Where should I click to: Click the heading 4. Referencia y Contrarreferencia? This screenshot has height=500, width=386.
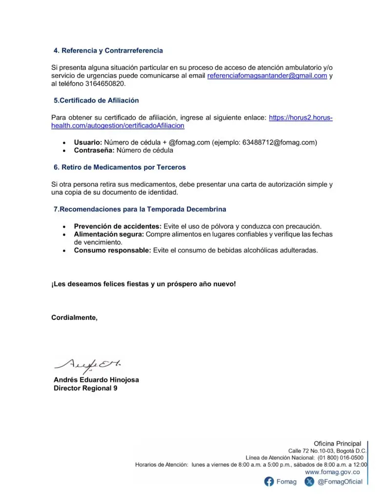pos(108,51)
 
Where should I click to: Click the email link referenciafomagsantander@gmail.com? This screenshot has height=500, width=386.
pos(267,76)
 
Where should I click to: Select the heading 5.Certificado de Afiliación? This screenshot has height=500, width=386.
pos(96,100)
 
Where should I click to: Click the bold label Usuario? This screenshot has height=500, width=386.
pos(88,143)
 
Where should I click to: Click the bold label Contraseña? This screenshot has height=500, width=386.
pos(94,150)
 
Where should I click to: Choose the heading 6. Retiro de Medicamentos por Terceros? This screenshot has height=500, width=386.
pos(120,167)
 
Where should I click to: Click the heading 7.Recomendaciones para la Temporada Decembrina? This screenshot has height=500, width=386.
pos(140,209)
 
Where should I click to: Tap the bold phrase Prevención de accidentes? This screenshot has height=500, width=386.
pos(117,226)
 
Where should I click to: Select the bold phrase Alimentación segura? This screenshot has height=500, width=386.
pos(108,234)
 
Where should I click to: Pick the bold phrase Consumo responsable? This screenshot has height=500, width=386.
pos(112,250)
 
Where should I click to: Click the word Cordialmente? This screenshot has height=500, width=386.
pos(74,317)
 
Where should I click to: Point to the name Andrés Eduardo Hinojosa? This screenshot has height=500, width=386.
pos(96,380)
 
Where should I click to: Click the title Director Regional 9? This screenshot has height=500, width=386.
pos(85,389)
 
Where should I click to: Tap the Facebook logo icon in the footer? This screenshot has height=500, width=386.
pos(269,482)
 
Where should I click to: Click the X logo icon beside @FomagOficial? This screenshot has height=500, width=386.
pos(309,482)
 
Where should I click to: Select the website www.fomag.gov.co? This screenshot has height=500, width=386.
pos(332,472)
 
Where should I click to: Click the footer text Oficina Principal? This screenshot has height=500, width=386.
pos(337,444)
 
